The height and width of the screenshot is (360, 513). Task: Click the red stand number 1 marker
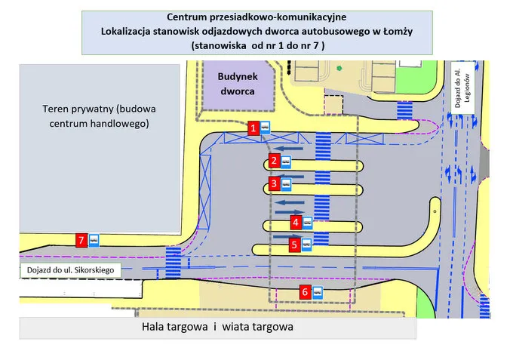click(x=254, y=128)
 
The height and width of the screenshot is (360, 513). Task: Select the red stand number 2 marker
click(x=275, y=160)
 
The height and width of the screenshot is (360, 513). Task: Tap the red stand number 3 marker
click(x=275, y=183)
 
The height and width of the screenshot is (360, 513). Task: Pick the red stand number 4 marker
click(x=296, y=222)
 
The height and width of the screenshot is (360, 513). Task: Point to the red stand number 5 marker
click(x=295, y=244)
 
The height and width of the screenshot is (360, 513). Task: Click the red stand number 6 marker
click(x=305, y=291)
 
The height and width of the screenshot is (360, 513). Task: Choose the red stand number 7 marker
click(x=81, y=240)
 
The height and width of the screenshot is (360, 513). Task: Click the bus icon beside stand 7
click(x=94, y=241)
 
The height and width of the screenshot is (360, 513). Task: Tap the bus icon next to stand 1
click(x=267, y=128)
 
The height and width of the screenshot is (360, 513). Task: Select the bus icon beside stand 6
click(x=318, y=292)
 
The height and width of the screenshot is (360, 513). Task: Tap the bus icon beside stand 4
click(x=309, y=222)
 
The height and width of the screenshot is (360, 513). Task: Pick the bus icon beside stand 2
click(x=287, y=161)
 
